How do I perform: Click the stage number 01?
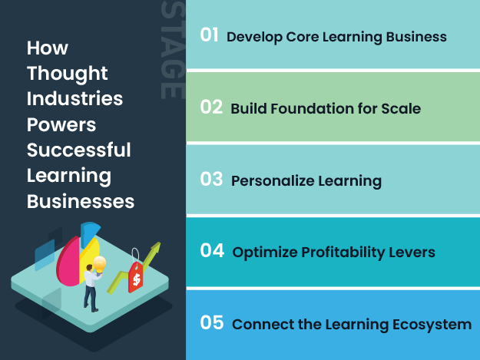[x=210, y=35]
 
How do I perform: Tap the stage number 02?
[x=211, y=107]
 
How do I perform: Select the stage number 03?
[x=211, y=180]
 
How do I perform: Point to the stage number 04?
[x=212, y=251]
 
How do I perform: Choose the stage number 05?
[x=212, y=323]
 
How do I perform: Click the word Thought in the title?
[x=68, y=74]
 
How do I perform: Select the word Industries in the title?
[x=74, y=99]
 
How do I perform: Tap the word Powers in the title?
[x=61, y=124]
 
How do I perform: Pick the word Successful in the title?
[x=79, y=150]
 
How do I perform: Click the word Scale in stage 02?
[x=401, y=108]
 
